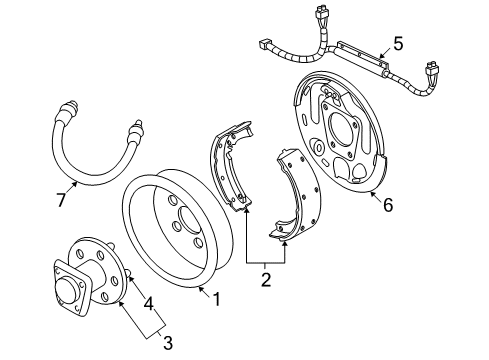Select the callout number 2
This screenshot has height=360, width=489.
tap(265, 281)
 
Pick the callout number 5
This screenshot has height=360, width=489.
tap(397, 43)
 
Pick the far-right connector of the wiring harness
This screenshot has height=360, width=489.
tap(433, 72)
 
